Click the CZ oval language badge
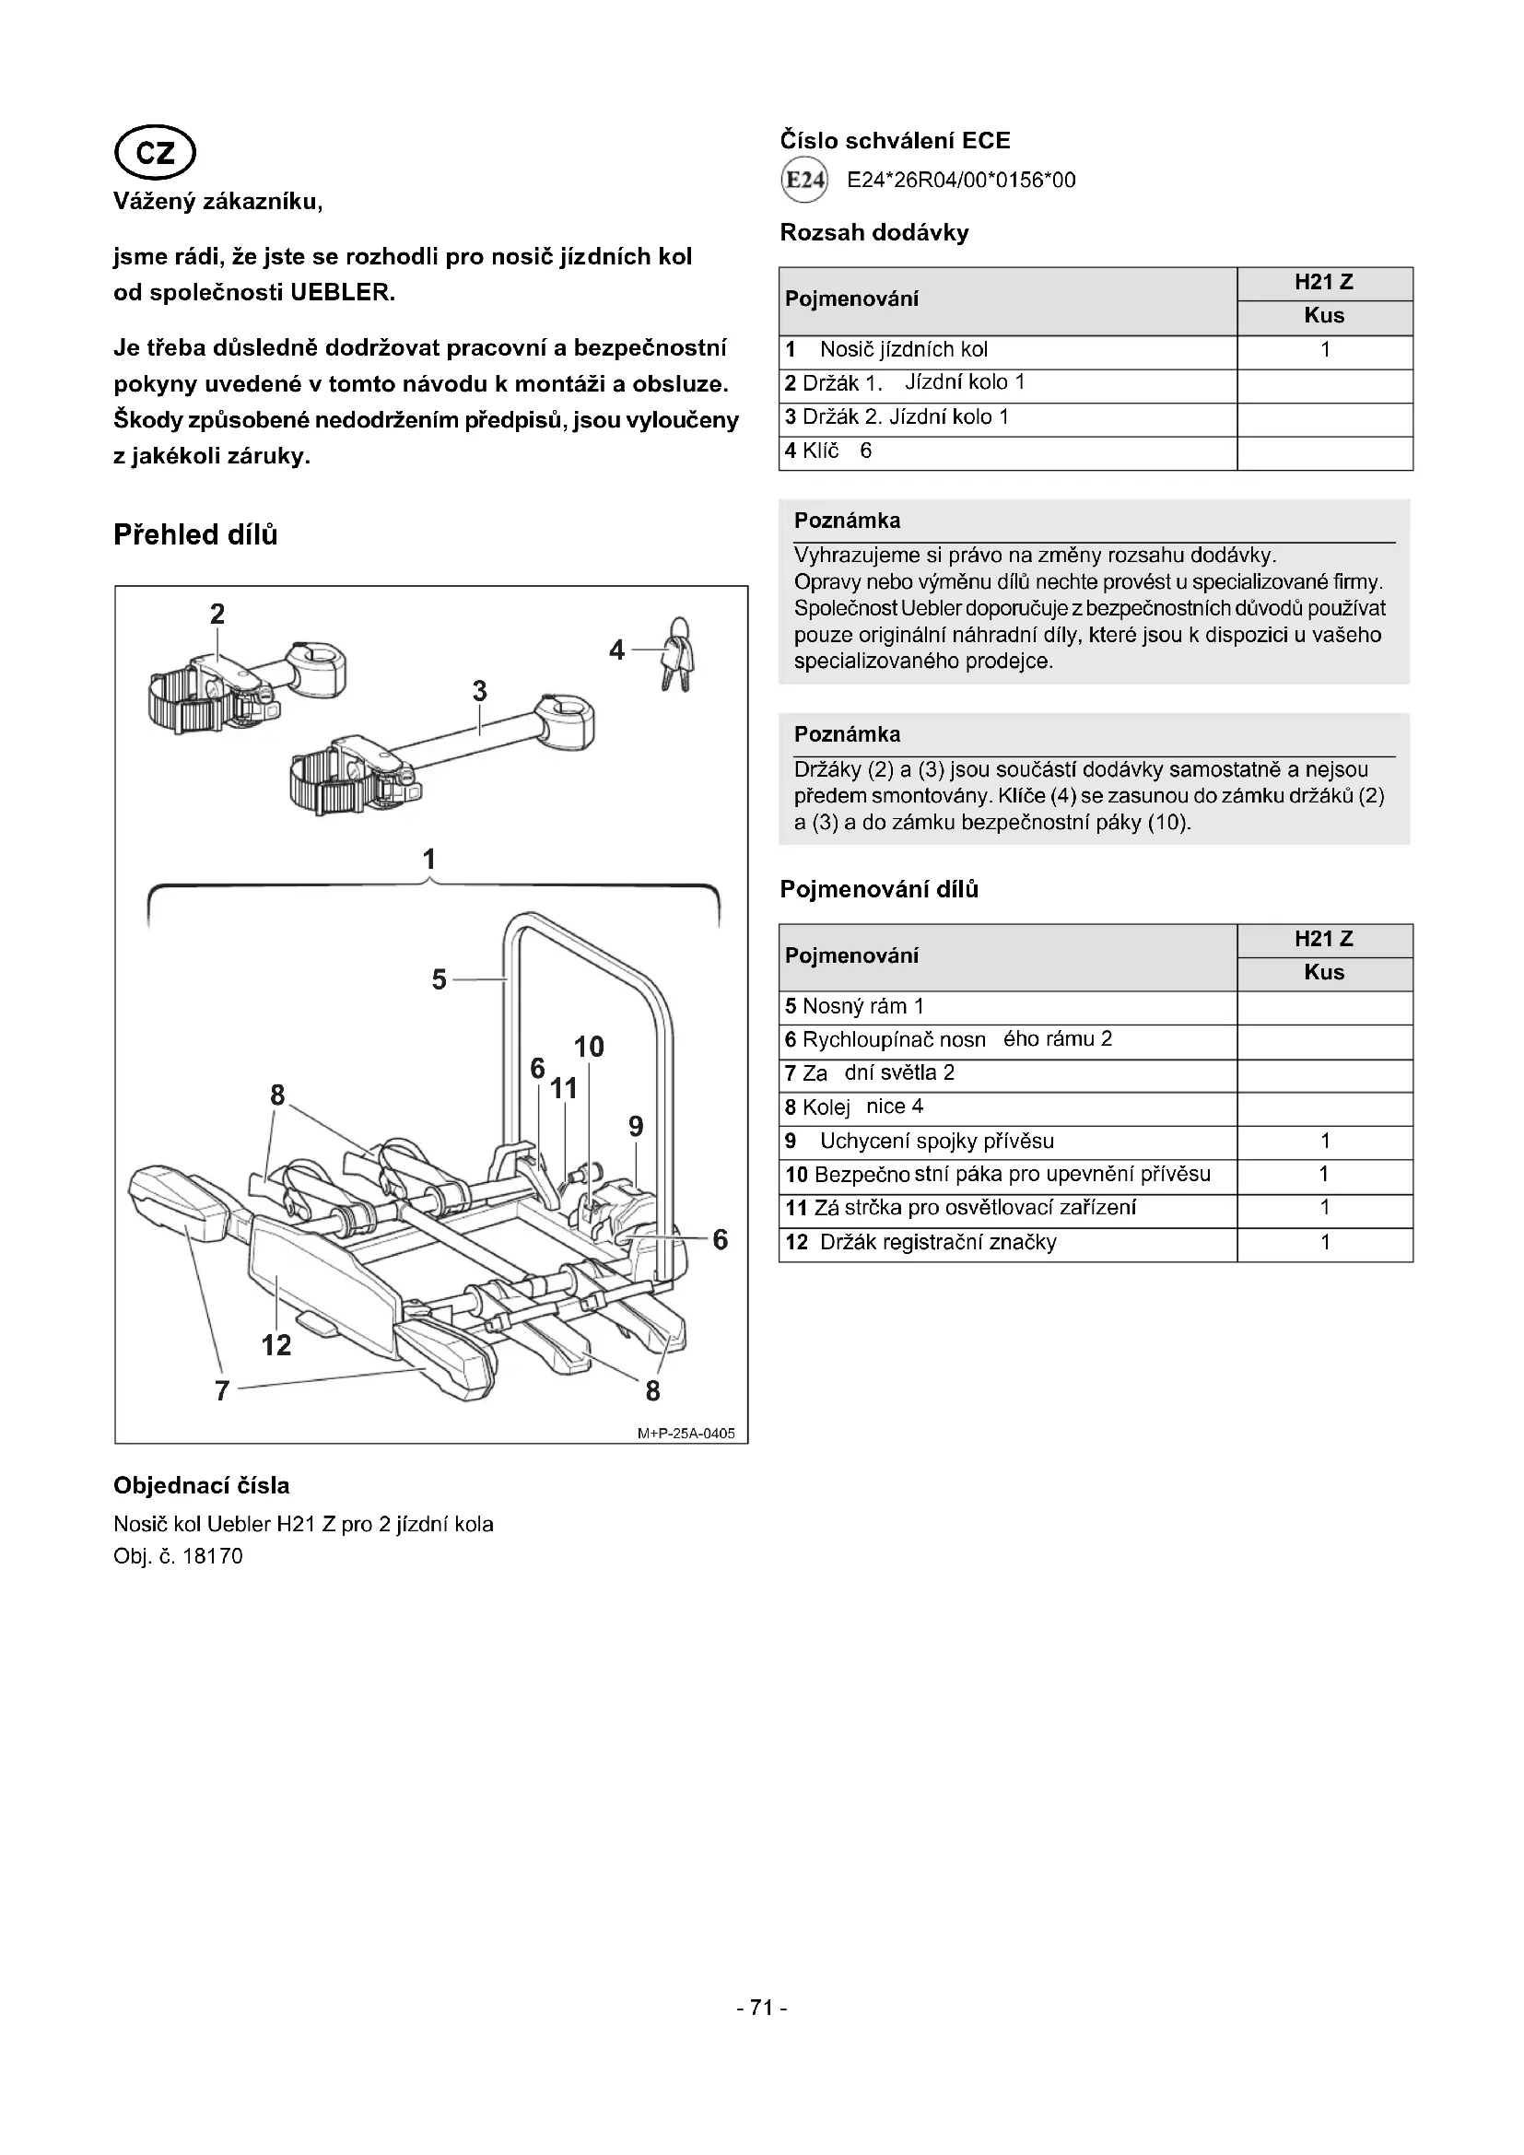(155, 152)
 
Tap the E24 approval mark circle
(804, 180)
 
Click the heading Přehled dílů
(195, 535)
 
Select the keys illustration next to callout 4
(678, 654)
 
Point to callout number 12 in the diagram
(275, 1345)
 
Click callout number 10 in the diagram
(589, 1047)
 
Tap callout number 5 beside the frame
(440, 980)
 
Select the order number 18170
(212, 1556)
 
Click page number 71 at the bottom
(761, 2007)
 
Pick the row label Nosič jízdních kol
(903, 350)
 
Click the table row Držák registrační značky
(937, 1243)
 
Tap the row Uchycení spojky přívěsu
(935, 1142)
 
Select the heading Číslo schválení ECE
(895, 141)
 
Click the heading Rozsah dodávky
(873, 233)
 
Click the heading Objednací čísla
(201, 1486)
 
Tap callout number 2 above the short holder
(217, 614)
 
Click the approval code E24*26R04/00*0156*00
(961, 181)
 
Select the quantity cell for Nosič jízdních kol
(1324, 350)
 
